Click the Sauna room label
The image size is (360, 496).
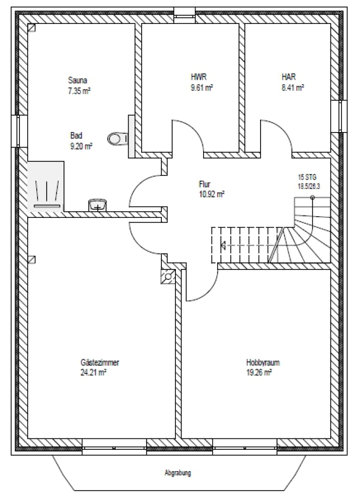[78, 80]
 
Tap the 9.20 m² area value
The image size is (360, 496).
[81, 146]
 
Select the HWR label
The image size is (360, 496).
[199, 77]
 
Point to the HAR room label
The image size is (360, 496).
[289, 77]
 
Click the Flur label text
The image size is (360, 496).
[205, 184]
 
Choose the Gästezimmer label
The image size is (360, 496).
[100, 362]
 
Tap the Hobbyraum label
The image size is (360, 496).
[263, 362]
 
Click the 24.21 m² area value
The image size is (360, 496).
[93, 373]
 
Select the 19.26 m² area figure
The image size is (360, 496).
[259, 373]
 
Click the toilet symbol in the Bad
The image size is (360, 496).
[118, 138]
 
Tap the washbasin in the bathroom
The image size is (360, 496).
[98, 205]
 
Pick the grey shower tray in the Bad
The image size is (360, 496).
[46, 186]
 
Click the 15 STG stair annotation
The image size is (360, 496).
[307, 177]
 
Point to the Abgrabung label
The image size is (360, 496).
[178, 473]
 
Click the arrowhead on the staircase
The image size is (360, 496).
[223, 245]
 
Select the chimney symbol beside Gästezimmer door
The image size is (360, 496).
[168, 277]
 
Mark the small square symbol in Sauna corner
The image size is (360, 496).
[31, 28]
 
